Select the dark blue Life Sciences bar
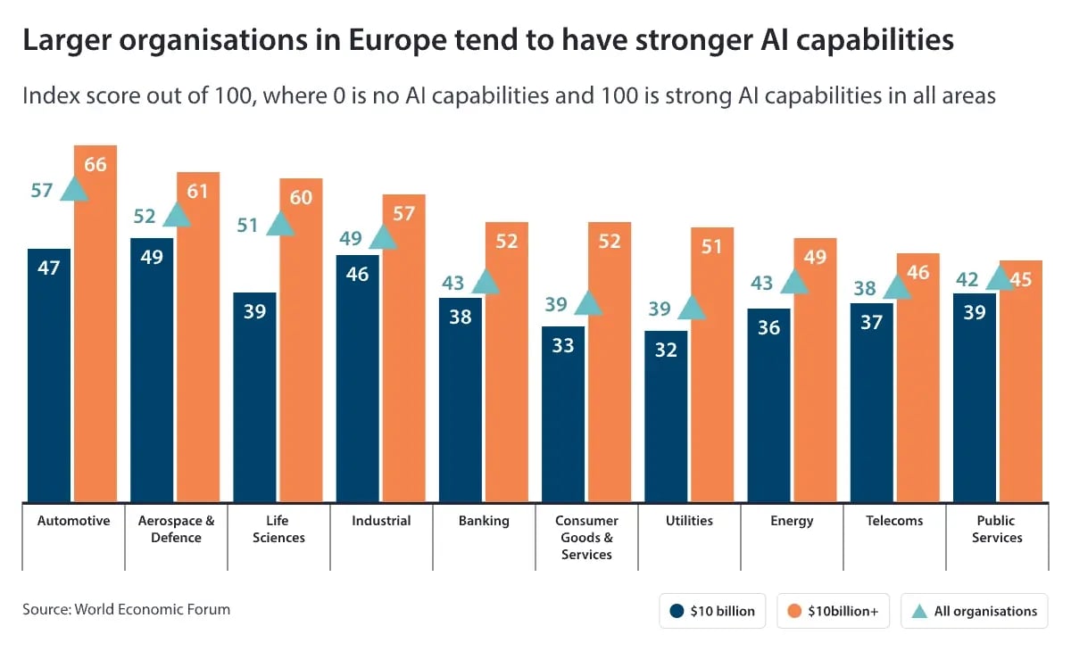point(254,397)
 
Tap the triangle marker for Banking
point(485,282)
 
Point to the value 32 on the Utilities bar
point(666,350)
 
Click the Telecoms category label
point(894,521)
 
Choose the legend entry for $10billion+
point(834,611)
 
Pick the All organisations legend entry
point(974,611)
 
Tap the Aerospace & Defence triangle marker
point(177,215)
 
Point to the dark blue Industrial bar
point(357,378)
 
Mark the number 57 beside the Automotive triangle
point(42,190)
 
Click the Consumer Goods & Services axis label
point(586,537)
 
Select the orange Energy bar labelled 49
point(814,370)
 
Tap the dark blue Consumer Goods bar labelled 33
point(562,414)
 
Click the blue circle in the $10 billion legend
point(677,611)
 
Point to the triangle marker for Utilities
point(691,309)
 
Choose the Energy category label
point(792,521)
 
